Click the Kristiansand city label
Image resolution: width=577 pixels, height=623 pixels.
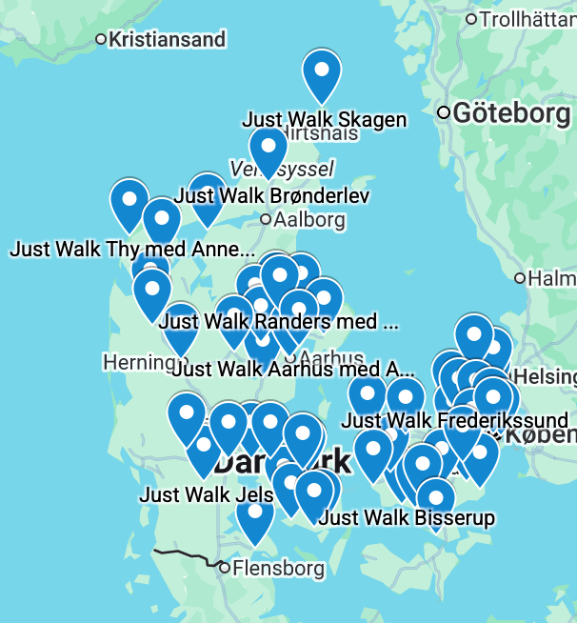[x=167, y=40]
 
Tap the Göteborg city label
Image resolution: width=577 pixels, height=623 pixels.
[x=511, y=113]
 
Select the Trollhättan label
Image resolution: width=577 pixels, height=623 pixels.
[x=527, y=19]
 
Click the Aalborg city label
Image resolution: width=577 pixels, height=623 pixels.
[x=308, y=220]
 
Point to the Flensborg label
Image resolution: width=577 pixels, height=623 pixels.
[x=278, y=569]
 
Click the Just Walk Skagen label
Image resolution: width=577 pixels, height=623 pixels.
[x=325, y=120]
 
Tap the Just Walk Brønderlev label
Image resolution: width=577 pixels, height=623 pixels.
[x=272, y=196]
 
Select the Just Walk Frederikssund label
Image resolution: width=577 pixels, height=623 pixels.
[x=454, y=420]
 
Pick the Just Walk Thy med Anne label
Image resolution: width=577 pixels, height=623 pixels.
[x=132, y=250]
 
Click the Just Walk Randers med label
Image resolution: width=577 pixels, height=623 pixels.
[x=278, y=321]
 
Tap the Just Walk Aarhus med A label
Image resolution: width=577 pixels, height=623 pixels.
[x=294, y=369]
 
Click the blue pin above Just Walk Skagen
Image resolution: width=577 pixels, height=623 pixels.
[x=322, y=73]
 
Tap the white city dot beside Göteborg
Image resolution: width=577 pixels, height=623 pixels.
[x=444, y=113]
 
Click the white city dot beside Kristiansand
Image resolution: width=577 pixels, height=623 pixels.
[x=102, y=40]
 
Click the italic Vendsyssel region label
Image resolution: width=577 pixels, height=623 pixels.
[x=282, y=170]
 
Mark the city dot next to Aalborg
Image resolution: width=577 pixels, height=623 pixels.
[x=266, y=220]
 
